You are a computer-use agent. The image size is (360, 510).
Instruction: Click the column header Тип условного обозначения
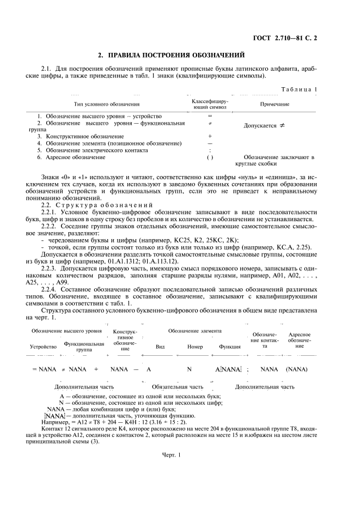point(107,104)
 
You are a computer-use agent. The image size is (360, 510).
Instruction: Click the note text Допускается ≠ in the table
point(265,126)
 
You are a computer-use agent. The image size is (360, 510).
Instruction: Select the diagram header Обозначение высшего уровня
point(66,331)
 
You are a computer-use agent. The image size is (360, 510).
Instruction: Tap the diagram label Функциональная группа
point(84,347)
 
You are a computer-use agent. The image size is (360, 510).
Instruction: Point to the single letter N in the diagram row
point(190,369)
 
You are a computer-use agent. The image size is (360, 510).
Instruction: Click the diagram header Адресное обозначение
point(300,341)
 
